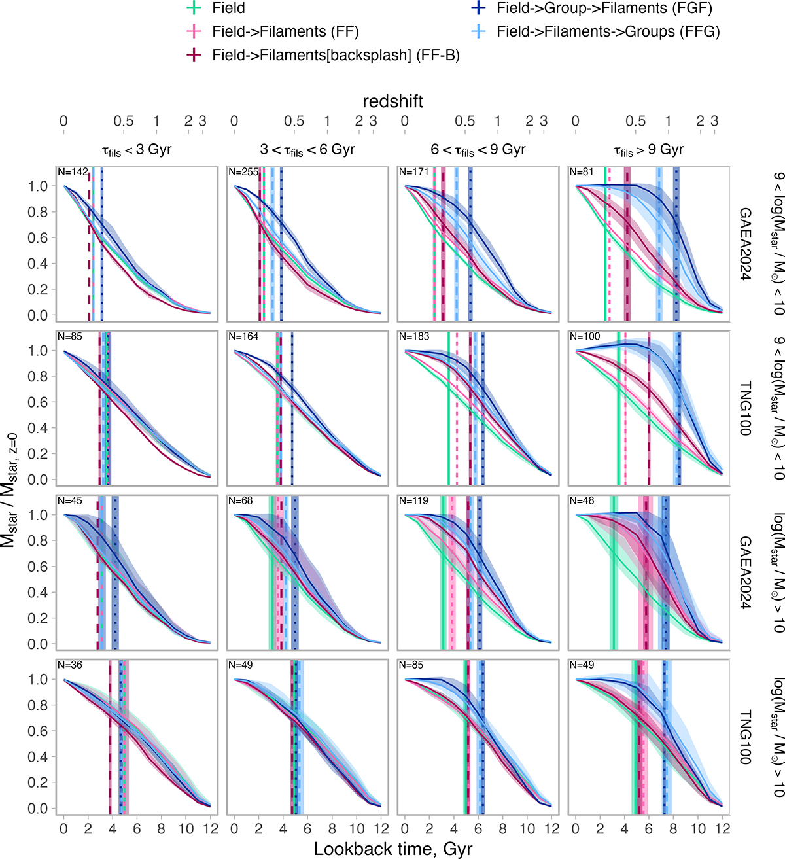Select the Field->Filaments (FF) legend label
(x=285, y=31)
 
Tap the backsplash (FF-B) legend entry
(x=336, y=56)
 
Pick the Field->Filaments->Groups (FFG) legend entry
(x=608, y=31)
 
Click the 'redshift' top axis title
(x=392, y=101)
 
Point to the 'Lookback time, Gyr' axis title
(x=392, y=849)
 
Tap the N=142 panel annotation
(x=73, y=172)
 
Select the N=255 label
(x=243, y=172)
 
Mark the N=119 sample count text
(x=414, y=500)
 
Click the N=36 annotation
(x=70, y=665)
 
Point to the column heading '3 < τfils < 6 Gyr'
(x=307, y=150)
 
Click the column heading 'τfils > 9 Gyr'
(x=648, y=150)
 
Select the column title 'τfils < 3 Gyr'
(x=137, y=150)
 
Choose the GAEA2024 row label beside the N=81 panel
(x=745, y=243)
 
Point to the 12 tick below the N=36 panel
(x=210, y=829)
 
